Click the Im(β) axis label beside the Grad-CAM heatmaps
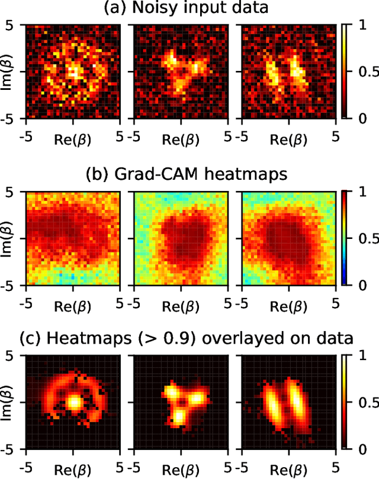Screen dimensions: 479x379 (x=8, y=238)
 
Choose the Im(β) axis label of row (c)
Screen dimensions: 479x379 (x=8, y=402)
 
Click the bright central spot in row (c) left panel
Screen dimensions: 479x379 (x=74, y=402)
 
